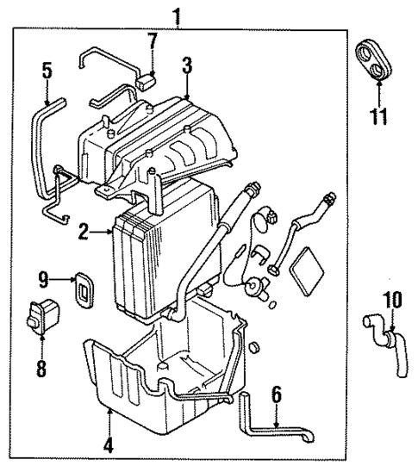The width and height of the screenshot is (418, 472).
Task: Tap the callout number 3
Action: [186, 65]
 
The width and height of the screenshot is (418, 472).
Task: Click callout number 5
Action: [48, 71]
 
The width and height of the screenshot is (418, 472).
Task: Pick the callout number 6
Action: [276, 396]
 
